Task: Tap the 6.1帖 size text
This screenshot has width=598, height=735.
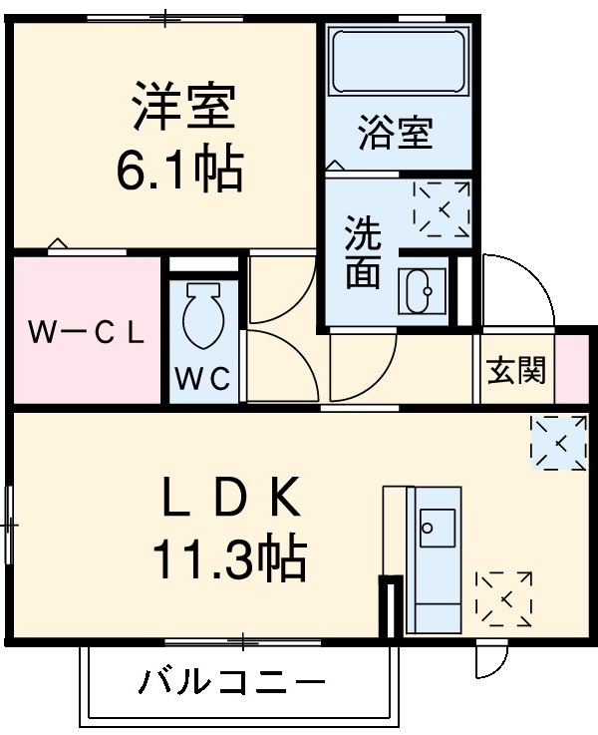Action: click(179, 171)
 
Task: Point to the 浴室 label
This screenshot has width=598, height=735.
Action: click(396, 134)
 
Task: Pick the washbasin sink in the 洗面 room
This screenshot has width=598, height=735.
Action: click(421, 292)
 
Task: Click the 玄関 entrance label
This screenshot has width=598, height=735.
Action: click(515, 371)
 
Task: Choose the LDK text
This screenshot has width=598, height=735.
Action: click(232, 499)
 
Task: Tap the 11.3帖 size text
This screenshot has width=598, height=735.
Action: click(228, 560)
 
